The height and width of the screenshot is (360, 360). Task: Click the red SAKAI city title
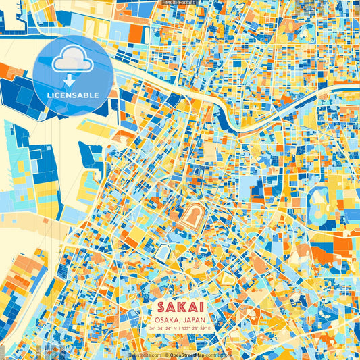(180, 307)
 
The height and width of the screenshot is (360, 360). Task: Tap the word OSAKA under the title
(167, 320)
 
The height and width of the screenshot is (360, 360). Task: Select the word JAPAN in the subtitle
(195, 320)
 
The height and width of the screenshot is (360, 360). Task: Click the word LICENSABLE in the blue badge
(73, 95)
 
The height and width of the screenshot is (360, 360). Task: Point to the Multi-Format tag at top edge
(180, 3)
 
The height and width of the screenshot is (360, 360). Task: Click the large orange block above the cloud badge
(134, 33)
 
